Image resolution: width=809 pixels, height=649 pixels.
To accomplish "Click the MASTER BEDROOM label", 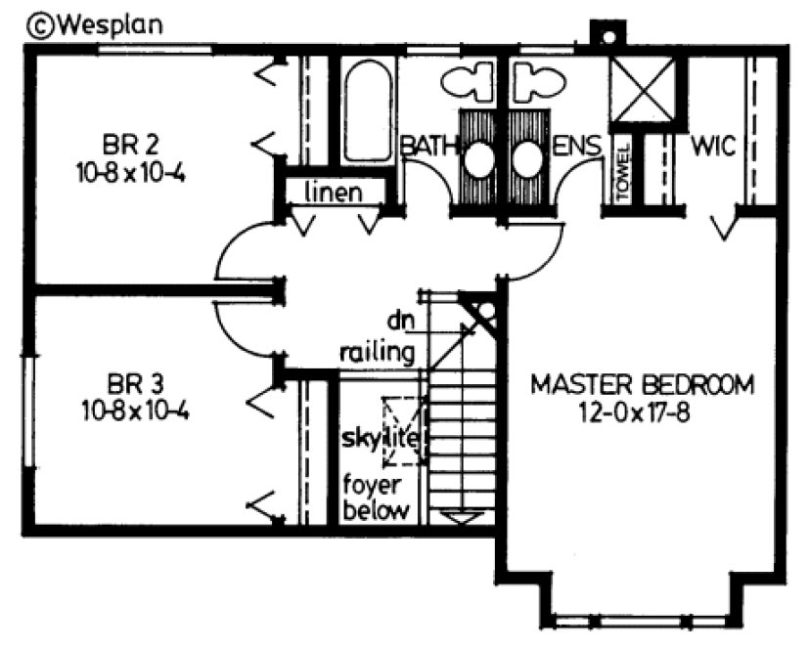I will point(643,383).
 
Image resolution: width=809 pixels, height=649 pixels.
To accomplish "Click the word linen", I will point(331,192).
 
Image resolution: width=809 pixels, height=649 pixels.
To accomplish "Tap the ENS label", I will point(576,147).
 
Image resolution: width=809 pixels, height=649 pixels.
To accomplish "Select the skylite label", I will point(381,439).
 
